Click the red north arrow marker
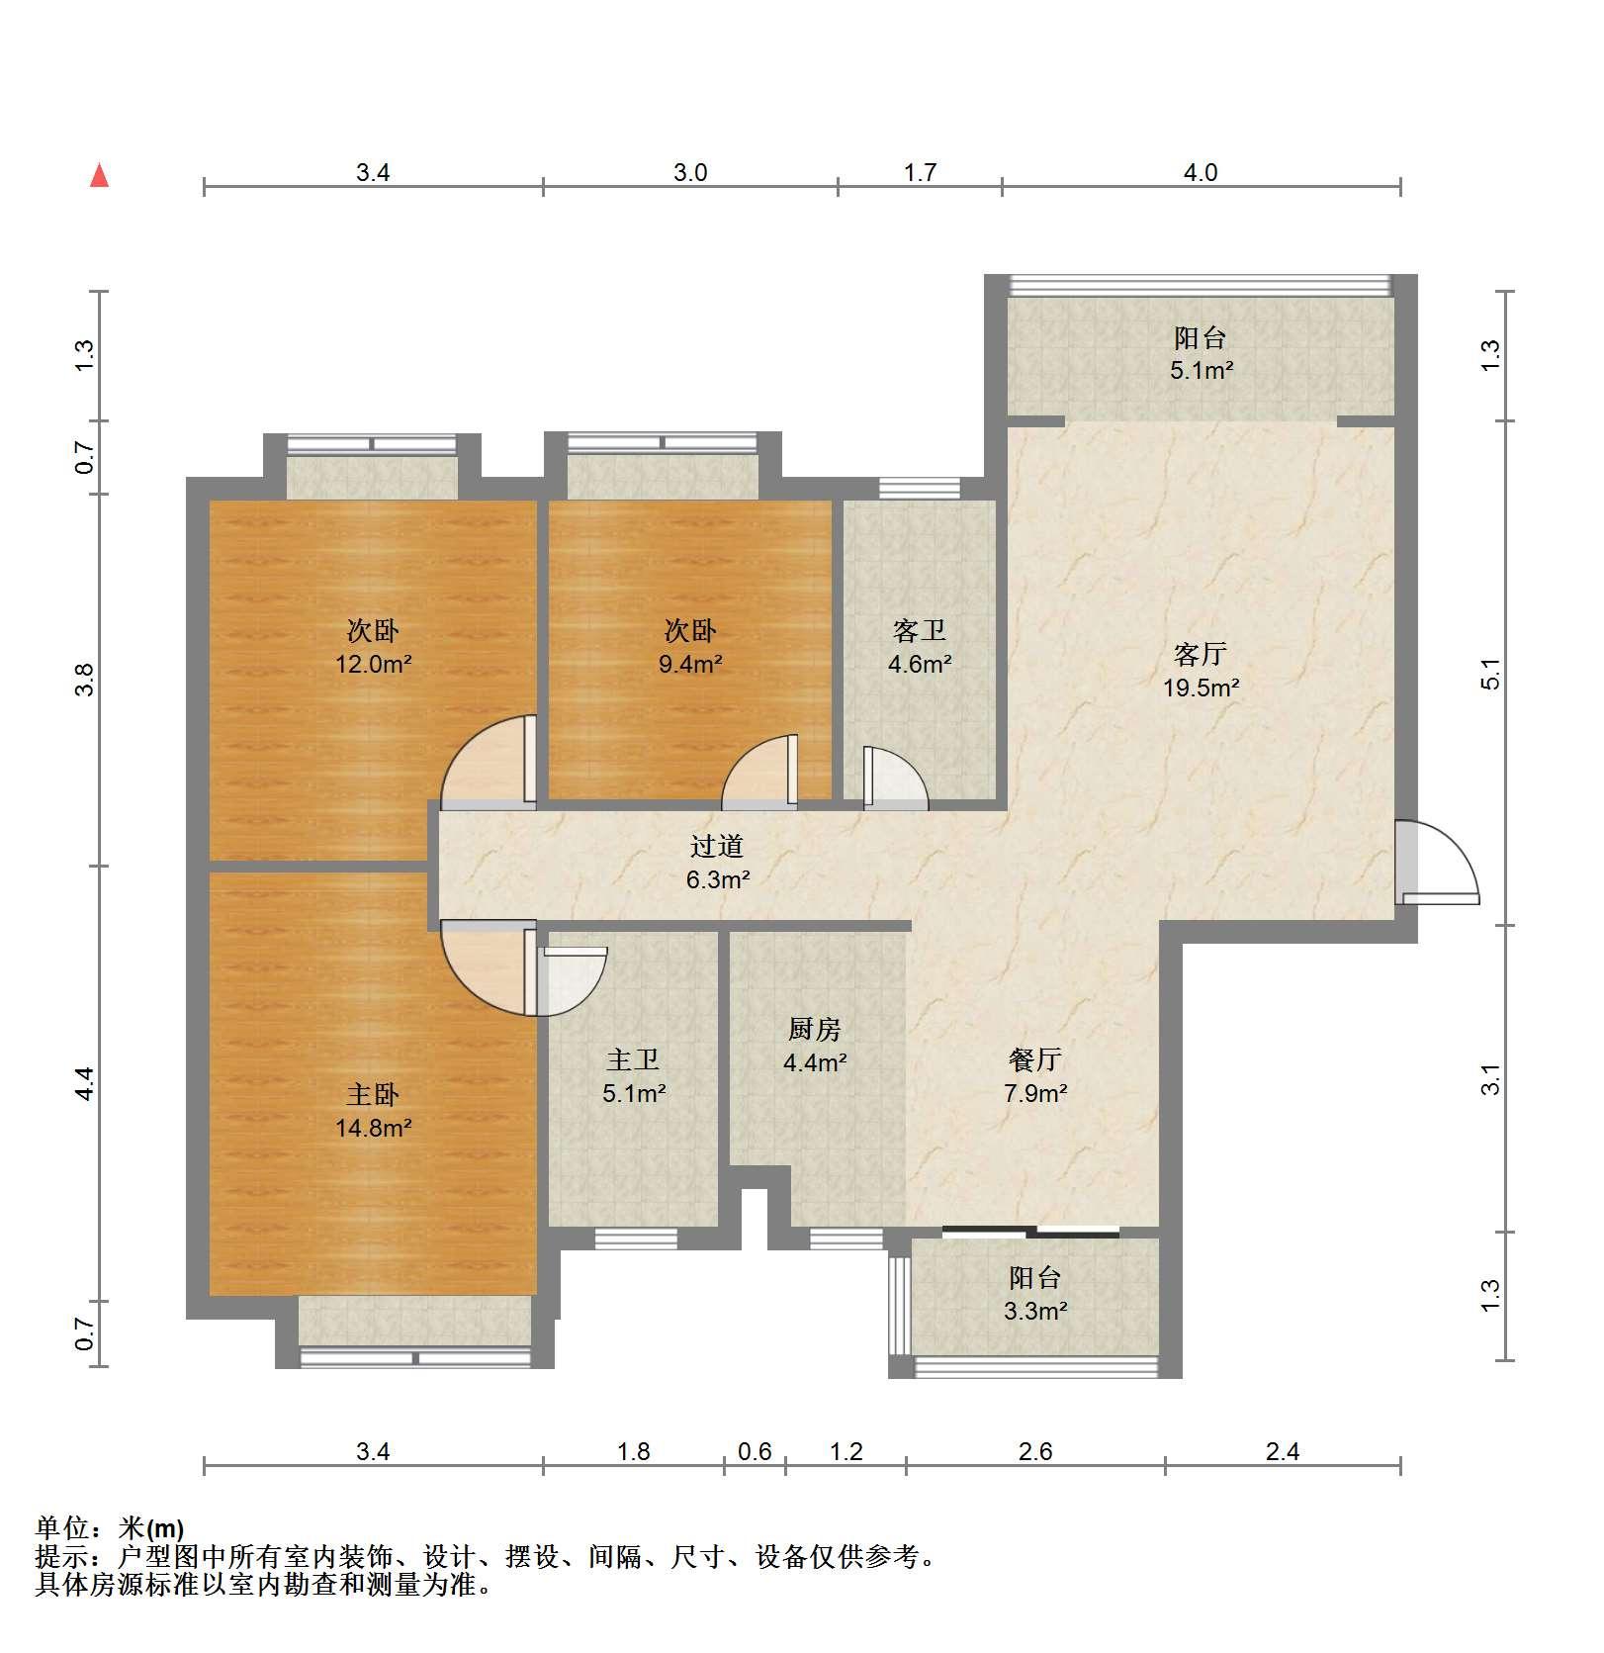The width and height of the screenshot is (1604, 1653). [99, 176]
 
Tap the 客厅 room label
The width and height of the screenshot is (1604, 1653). [1201, 654]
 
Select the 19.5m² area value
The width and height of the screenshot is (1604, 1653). [1201, 688]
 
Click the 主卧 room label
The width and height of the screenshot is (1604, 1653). [373, 1094]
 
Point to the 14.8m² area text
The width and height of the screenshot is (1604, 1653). [373, 1127]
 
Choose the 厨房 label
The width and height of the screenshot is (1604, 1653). [815, 1030]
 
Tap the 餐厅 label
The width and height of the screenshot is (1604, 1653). [1035, 1059]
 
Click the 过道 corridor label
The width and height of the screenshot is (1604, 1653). [717, 846]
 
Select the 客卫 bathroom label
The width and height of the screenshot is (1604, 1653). [920, 630]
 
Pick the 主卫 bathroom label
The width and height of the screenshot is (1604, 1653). [633, 1059]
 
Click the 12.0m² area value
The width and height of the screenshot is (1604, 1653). [373, 664]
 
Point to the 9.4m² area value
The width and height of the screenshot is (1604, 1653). [690, 664]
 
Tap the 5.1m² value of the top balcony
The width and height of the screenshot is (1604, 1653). [1202, 371]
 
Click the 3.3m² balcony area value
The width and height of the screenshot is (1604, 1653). [1035, 1311]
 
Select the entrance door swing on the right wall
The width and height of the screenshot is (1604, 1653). [1439, 863]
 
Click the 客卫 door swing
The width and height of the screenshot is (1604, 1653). [896, 780]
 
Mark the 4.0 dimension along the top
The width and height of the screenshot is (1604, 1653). [1201, 172]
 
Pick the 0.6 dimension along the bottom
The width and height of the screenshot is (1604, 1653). [755, 1451]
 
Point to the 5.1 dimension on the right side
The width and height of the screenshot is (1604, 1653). [1490, 674]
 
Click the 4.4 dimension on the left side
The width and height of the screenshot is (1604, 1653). [86, 1083]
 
